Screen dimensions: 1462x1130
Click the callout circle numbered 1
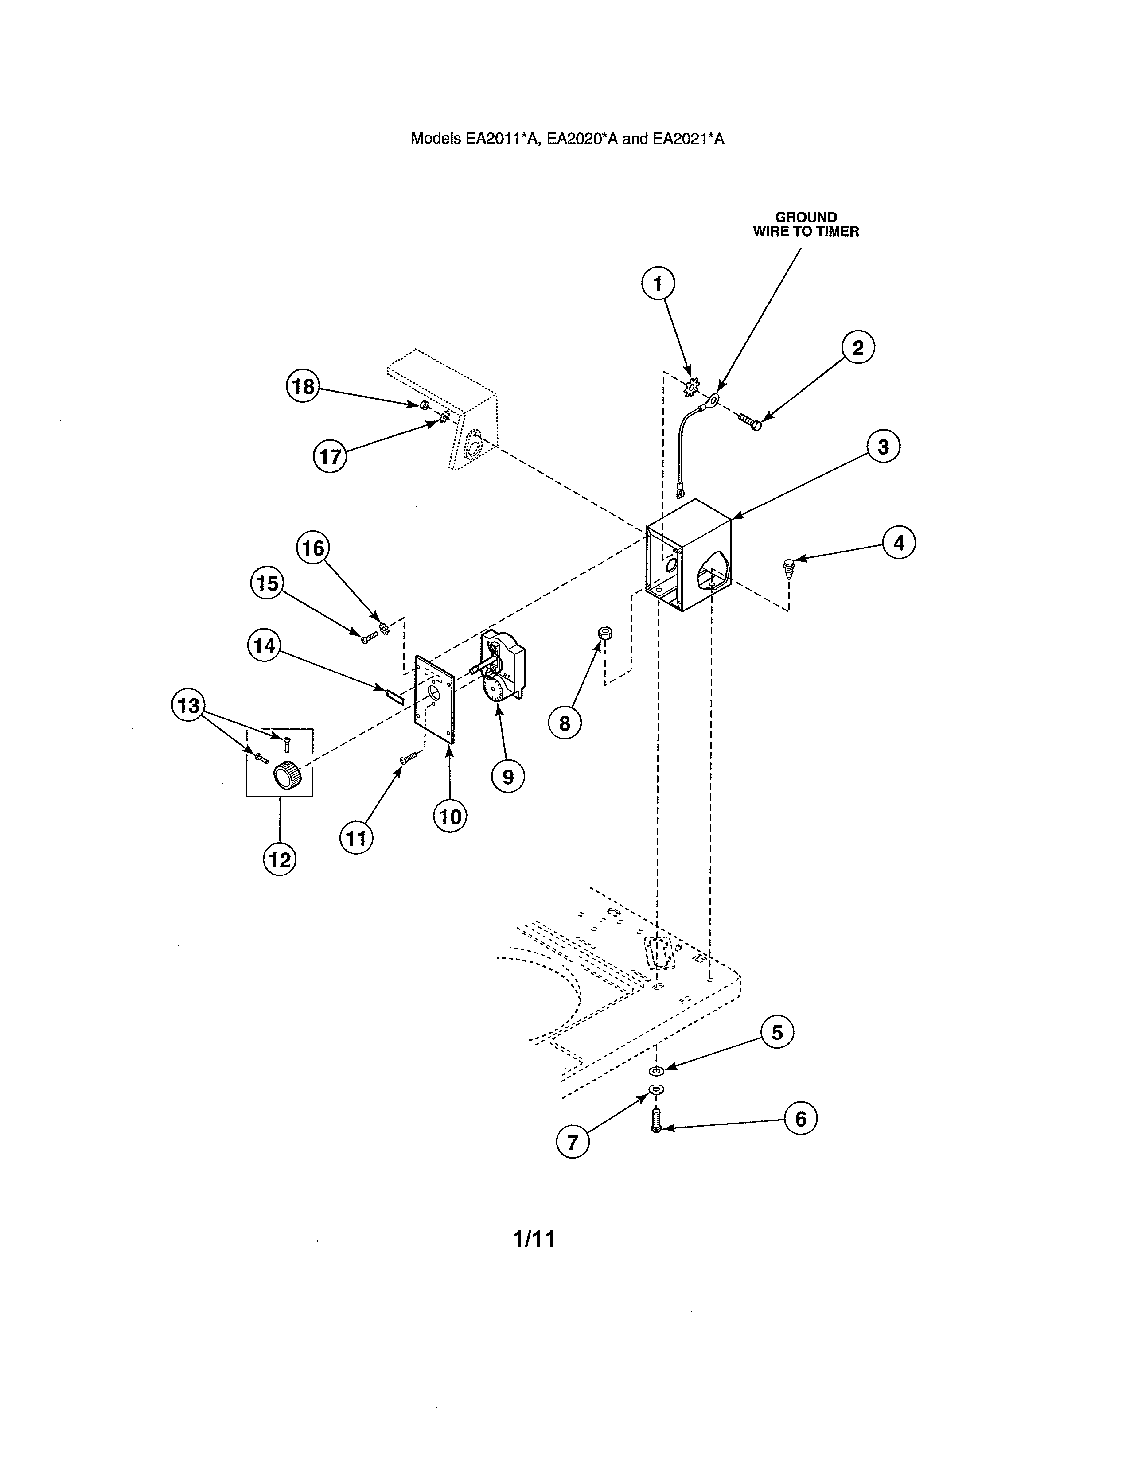658,284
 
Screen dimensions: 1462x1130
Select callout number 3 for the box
883,447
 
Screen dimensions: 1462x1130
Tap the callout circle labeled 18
303,386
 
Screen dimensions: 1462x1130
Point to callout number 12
280,859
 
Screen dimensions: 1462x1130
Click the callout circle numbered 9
508,777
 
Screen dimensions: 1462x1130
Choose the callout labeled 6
801,1119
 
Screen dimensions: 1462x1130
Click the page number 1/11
534,1239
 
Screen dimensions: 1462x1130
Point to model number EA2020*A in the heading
582,139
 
